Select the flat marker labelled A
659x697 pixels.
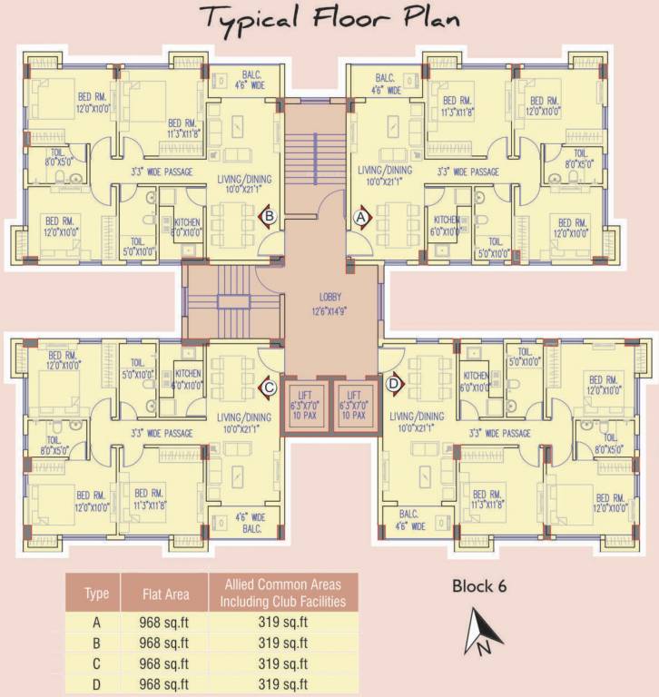tap(359, 218)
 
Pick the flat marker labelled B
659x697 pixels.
tap(270, 216)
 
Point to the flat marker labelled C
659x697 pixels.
tap(270, 385)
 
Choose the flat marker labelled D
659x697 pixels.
tap(393, 384)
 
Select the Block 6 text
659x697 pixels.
tap(479, 586)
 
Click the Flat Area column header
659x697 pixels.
tap(166, 594)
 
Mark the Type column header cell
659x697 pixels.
tap(96, 594)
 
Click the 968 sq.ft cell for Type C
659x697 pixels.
tap(166, 663)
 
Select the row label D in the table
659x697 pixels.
tap(96, 683)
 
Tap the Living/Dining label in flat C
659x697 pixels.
tap(241, 417)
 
